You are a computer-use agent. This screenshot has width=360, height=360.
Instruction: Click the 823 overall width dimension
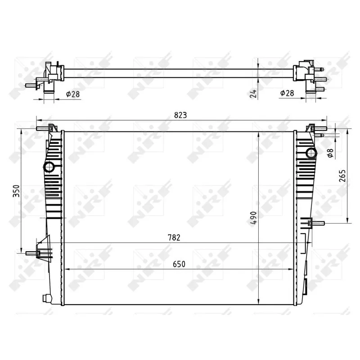point(180,115)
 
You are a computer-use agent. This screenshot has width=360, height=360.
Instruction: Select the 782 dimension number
point(174,238)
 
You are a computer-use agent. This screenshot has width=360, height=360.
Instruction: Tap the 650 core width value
point(179,264)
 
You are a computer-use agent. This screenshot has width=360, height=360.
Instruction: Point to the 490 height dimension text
point(253,219)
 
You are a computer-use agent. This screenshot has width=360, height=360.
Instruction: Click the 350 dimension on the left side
point(16,190)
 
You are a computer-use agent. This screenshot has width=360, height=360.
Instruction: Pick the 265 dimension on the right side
point(342,175)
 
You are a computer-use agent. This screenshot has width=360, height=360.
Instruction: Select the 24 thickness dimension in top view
point(253,94)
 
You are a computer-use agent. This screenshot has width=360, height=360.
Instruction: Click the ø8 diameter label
point(330,153)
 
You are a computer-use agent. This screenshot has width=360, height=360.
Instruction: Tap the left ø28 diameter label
point(73,94)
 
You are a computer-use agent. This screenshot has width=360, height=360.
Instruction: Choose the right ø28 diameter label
point(287,93)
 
